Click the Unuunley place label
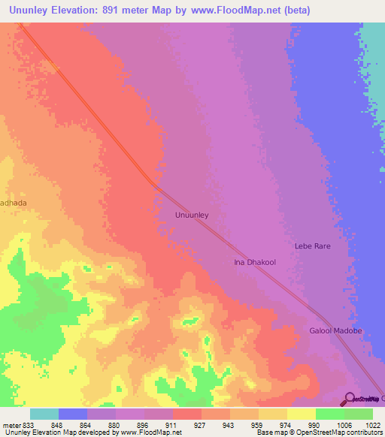coord(191,215)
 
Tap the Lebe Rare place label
coord(312,246)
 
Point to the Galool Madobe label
coord(335,331)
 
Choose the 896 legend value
coord(144,424)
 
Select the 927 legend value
coord(201,424)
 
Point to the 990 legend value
coord(315,424)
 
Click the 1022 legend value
coord(372,424)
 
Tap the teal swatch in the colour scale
coord(44,414)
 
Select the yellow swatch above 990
coord(301,414)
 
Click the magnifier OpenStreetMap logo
coord(350,399)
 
